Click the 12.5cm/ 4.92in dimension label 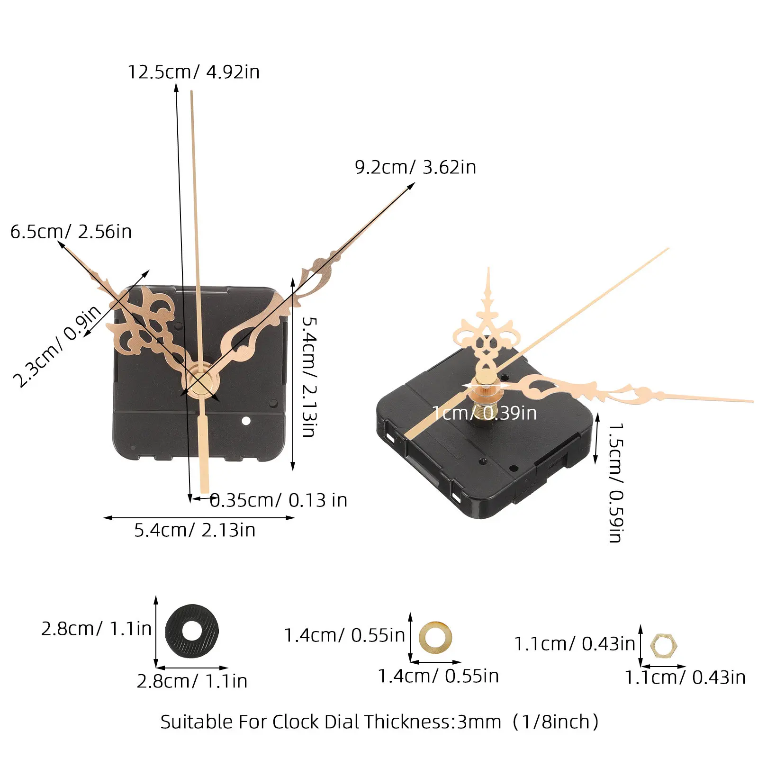click(194, 72)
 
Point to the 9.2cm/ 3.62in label click(415, 167)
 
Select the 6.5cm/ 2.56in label click(71, 232)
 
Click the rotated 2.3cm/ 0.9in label click(57, 346)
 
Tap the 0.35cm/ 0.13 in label click(279, 500)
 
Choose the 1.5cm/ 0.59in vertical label click(616, 482)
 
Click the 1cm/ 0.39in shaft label click(485, 413)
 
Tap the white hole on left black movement click(246, 421)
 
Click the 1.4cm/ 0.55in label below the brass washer click(438, 676)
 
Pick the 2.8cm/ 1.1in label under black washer click(192, 681)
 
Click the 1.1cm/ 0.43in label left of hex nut click(575, 644)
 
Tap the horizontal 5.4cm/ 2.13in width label click(195, 530)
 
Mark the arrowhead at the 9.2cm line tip click(412, 186)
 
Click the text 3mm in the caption click(479, 722)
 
